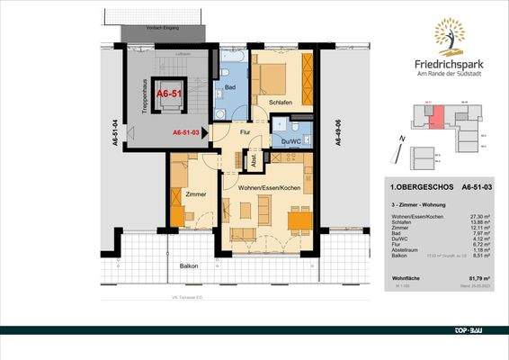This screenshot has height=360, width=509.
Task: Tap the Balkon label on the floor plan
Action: click(x=188, y=266)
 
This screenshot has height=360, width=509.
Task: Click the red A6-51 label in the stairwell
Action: click(x=169, y=93)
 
